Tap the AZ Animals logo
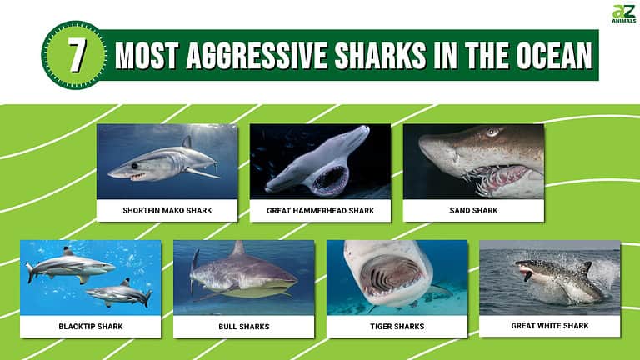(x=624, y=14)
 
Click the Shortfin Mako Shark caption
(x=167, y=211)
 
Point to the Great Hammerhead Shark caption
(x=321, y=211)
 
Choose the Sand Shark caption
(x=473, y=211)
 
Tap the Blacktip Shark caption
(x=91, y=326)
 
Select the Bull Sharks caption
(x=244, y=326)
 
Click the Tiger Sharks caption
(x=397, y=326)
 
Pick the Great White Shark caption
(x=550, y=326)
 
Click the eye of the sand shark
(x=492, y=132)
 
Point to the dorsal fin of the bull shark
(x=238, y=248)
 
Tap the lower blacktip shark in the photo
(x=117, y=292)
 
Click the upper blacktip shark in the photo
(x=71, y=264)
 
